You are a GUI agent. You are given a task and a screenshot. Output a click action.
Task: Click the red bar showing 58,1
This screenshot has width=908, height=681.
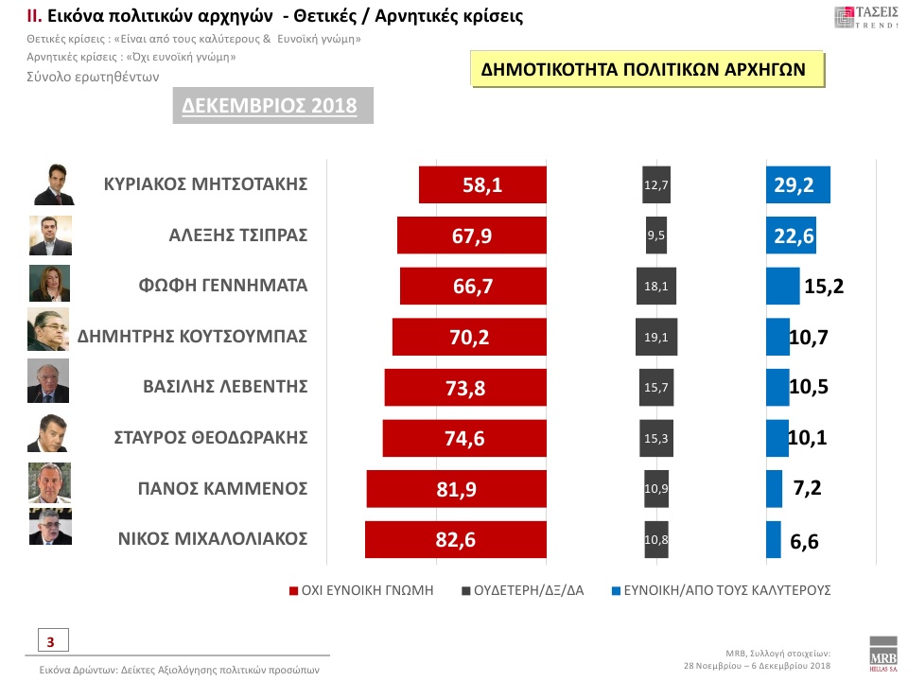(x=482, y=184)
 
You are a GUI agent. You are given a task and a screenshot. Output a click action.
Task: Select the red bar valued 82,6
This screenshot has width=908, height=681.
(x=456, y=539)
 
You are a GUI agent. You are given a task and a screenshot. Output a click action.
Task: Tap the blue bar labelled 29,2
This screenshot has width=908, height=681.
(x=797, y=184)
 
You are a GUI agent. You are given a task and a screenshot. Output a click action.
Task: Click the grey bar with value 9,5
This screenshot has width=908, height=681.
(x=656, y=236)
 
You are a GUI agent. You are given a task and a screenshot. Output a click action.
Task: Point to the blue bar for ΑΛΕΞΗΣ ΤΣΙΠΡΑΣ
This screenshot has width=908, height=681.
(x=791, y=236)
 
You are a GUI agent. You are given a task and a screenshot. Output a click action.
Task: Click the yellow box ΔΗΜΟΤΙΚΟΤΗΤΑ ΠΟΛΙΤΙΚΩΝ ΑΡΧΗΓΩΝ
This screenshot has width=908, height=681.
(x=643, y=70)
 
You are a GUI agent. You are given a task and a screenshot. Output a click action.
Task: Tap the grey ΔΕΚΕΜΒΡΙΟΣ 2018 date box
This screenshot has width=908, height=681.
(x=270, y=105)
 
